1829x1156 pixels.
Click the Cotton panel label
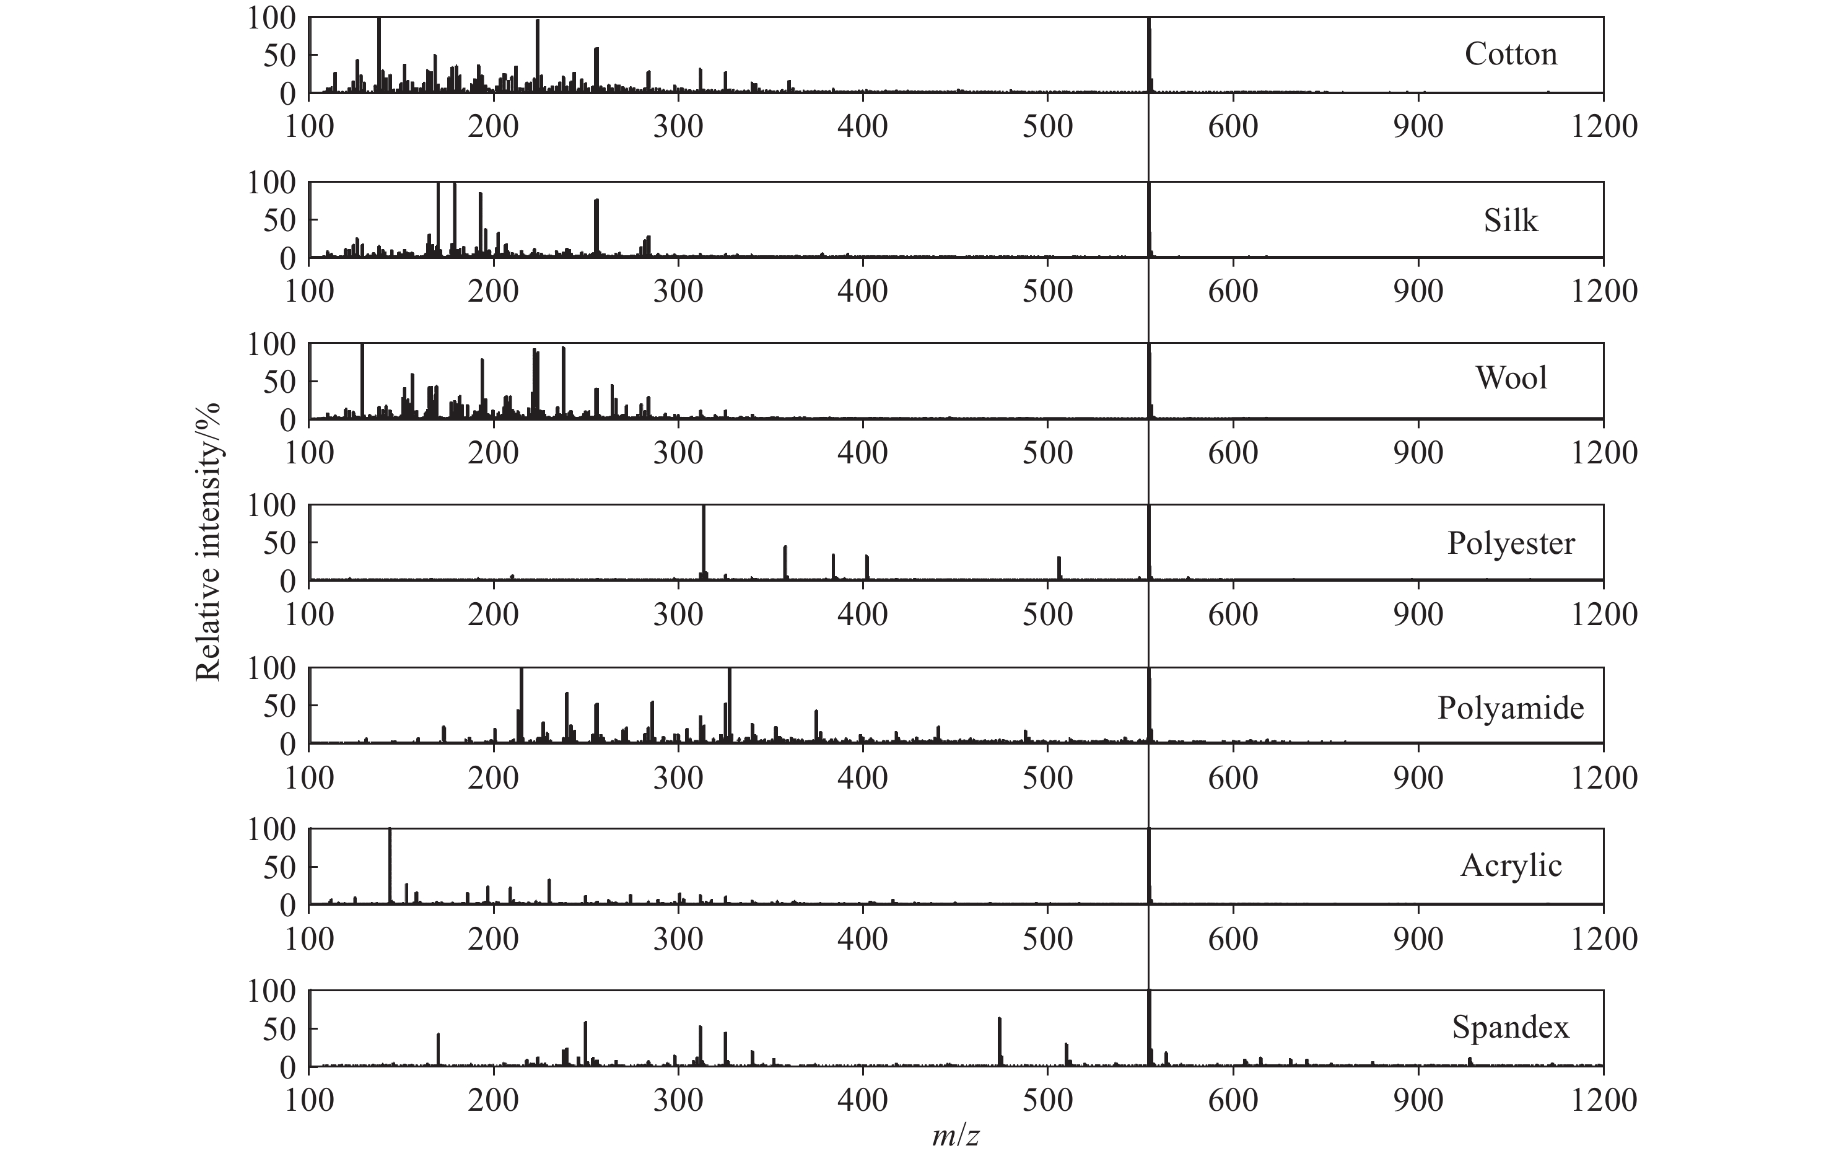pyautogui.click(x=1510, y=55)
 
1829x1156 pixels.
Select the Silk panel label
pyautogui.click(x=1510, y=221)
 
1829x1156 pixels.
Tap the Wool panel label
pyautogui.click(x=1511, y=379)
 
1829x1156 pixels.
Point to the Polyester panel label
pyautogui.click(x=1510, y=544)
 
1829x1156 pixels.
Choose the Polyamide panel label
pyautogui.click(x=1510, y=709)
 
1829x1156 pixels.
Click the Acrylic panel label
pyautogui.click(x=1510, y=866)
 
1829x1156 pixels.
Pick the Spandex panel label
pyautogui.click(x=1510, y=1028)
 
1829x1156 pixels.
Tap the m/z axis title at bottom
pyautogui.click(x=956, y=1136)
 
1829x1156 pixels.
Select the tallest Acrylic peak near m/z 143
pyautogui.click(x=390, y=866)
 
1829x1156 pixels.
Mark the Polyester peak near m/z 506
pyautogui.click(x=1059, y=568)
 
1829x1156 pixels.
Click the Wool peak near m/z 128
pyautogui.click(x=362, y=380)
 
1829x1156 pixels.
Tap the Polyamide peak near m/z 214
pyautogui.click(x=521, y=705)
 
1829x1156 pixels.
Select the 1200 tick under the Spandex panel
pyautogui.click(x=1604, y=1101)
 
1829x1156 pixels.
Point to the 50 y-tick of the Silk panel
pyautogui.click(x=278, y=221)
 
